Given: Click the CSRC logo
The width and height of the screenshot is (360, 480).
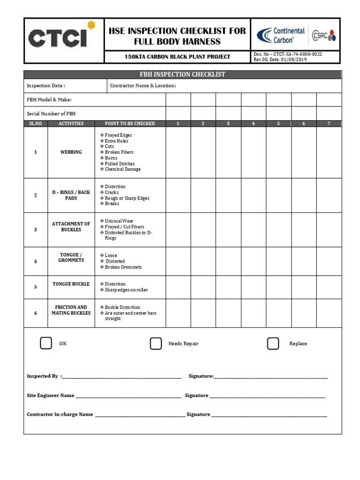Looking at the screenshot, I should (x=324, y=35).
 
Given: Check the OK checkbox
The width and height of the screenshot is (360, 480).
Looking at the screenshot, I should (x=46, y=344).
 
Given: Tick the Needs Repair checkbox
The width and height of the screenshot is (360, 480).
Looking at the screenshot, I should (x=156, y=344).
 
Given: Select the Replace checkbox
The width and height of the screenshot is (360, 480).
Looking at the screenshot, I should (x=273, y=344).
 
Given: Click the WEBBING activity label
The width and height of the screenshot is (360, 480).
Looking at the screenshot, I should (x=71, y=152).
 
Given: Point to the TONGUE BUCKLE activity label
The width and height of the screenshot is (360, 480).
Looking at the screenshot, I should (x=71, y=284).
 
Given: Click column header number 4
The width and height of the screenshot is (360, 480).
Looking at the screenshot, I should (x=253, y=124).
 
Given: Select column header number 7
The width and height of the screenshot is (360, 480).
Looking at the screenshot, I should (x=329, y=124).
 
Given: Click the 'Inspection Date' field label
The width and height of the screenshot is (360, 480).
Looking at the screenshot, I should (x=46, y=86).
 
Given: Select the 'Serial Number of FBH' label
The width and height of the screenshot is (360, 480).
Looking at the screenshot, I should (x=51, y=114).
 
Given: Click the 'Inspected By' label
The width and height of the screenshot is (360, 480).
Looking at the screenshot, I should (x=43, y=376).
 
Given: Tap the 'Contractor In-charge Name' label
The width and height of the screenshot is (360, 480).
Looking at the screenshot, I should (x=60, y=414).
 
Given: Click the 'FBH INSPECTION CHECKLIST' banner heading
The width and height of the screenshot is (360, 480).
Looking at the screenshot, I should (x=183, y=75).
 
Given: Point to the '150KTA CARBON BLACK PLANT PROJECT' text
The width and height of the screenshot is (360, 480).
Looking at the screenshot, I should (x=177, y=57).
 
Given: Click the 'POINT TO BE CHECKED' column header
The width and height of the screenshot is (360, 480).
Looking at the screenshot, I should (x=130, y=124).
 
